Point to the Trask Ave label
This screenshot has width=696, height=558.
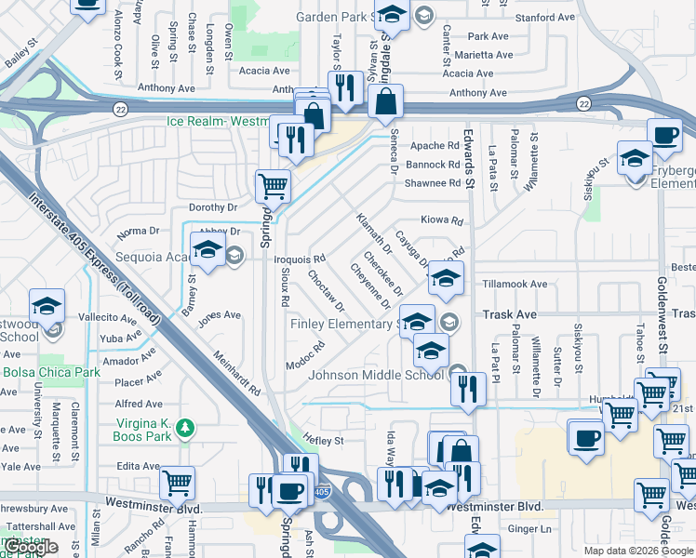(509, 315)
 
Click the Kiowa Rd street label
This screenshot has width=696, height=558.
(442, 220)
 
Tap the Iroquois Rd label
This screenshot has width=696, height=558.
(306, 258)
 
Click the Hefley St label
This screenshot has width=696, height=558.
(327, 441)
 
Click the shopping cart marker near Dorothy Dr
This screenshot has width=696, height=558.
(273, 185)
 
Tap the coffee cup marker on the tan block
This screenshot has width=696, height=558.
(585, 437)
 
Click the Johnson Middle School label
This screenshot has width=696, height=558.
(376, 376)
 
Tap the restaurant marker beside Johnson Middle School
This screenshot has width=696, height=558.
(468, 388)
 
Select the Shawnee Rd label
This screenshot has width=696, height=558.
(433, 183)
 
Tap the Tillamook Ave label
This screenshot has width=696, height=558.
(515, 284)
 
